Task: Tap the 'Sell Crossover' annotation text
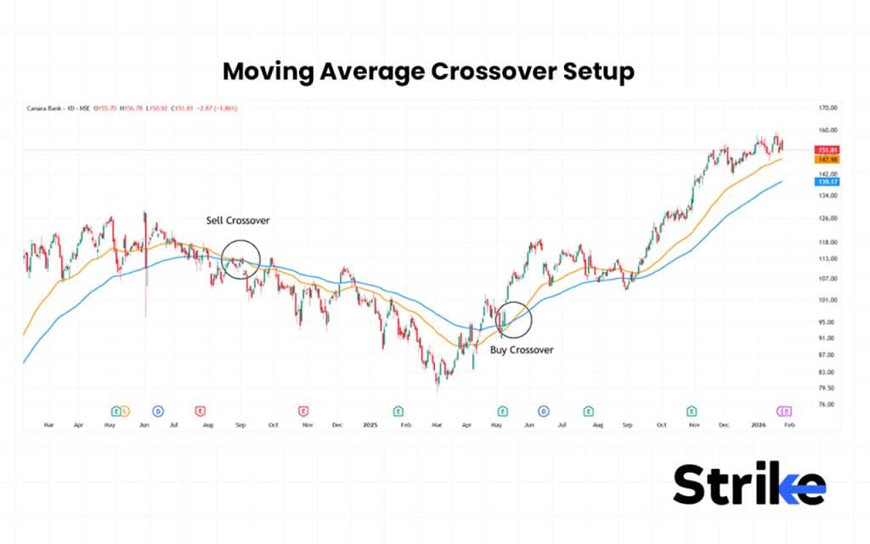click(x=238, y=221)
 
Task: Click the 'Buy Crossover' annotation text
click(x=522, y=349)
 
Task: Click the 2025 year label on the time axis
click(x=370, y=422)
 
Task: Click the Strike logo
click(x=749, y=485)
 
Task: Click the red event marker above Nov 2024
click(x=303, y=411)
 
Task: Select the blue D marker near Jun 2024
click(x=158, y=411)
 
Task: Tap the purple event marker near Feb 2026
click(x=785, y=411)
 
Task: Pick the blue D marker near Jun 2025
click(x=544, y=411)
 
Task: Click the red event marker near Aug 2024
click(x=201, y=411)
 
